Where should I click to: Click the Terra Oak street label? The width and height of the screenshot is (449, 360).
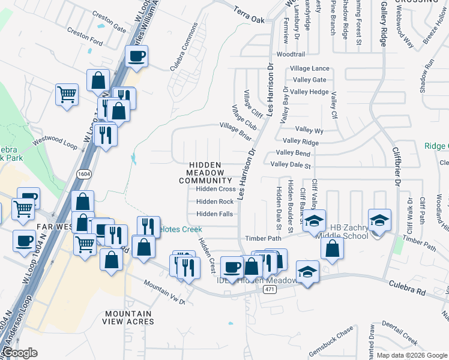pyautogui.click(x=249, y=20)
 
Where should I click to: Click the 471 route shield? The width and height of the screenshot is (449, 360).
pyautogui.click(x=269, y=289)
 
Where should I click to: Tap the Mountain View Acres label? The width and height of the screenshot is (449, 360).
pyautogui.click(x=128, y=317)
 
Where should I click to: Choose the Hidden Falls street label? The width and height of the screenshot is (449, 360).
pyautogui.click(x=214, y=214)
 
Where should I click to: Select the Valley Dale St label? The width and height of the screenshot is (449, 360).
pyautogui.click(x=291, y=165)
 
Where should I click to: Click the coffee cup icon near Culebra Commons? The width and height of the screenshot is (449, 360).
pyautogui.click(x=136, y=57)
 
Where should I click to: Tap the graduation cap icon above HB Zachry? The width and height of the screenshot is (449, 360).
pyautogui.click(x=380, y=218)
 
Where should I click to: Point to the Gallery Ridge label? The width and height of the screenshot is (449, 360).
pyautogui.click(x=383, y=24)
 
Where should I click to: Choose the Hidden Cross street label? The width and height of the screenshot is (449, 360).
pyautogui.click(x=216, y=189)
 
